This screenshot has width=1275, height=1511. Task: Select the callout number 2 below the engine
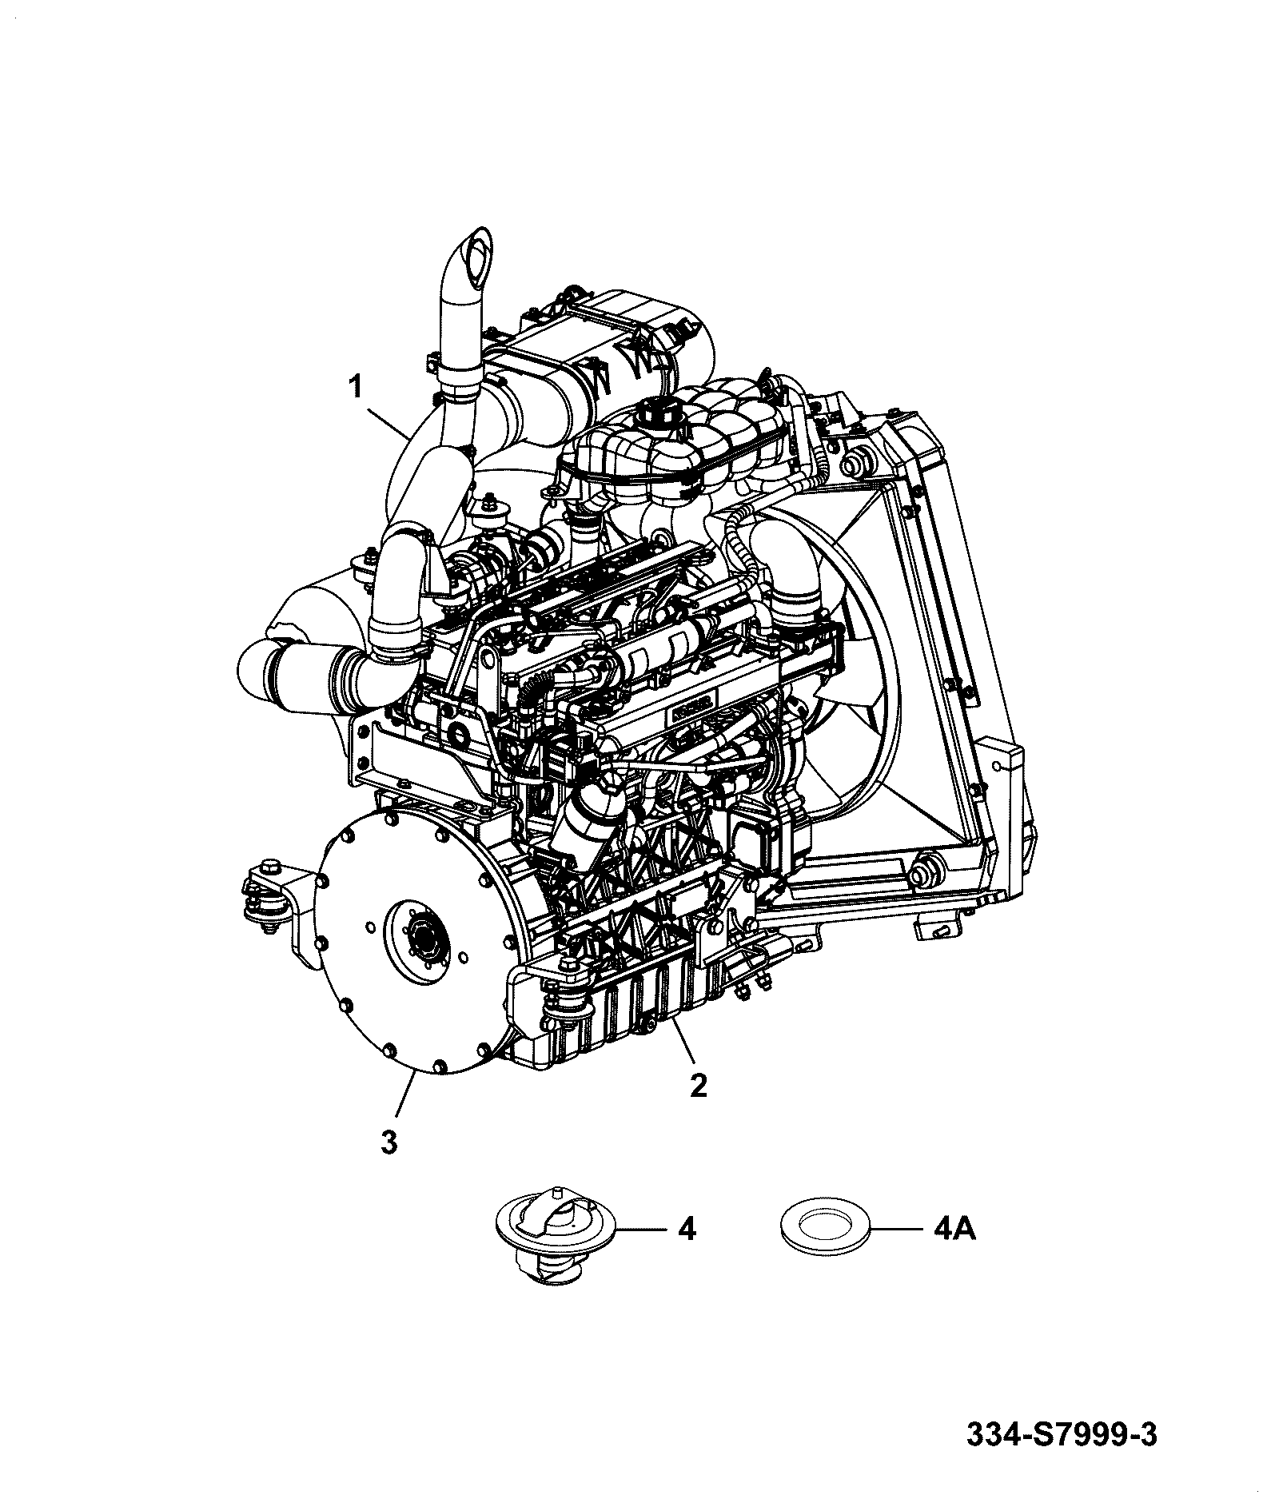(698, 1086)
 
